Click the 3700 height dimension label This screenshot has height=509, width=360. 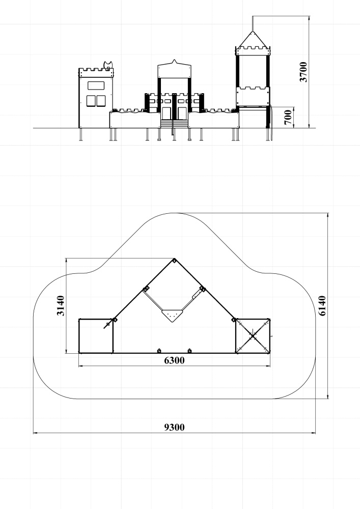(x=303, y=72)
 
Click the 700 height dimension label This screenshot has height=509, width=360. (x=288, y=117)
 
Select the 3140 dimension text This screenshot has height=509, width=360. (x=61, y=305)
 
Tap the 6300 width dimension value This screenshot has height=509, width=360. (x=174, y=360)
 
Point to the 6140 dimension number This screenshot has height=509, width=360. (x=322, y=305)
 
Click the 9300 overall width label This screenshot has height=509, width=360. (x=174, y=427)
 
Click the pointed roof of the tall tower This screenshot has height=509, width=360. (x=253, y=39)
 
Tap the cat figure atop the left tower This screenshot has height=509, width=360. (x=108, y=65)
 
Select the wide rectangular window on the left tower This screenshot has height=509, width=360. (x=96, y=86)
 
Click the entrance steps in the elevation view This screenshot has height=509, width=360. (x=174, y=124)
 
